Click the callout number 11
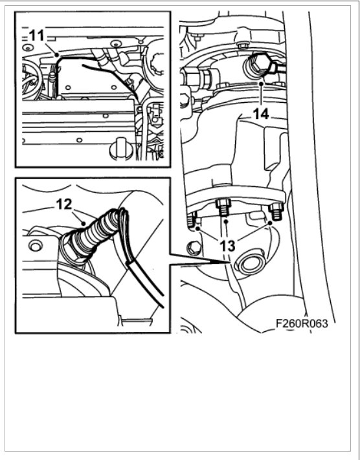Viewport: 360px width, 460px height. [36, 36]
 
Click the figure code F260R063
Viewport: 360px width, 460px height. [302, 323]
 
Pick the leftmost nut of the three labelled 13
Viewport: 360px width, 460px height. [192, 221]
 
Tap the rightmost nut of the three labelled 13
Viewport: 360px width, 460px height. [275, 211]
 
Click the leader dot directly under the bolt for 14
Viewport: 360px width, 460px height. [260, 83]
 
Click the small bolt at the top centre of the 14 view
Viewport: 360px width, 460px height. [241, 45]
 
